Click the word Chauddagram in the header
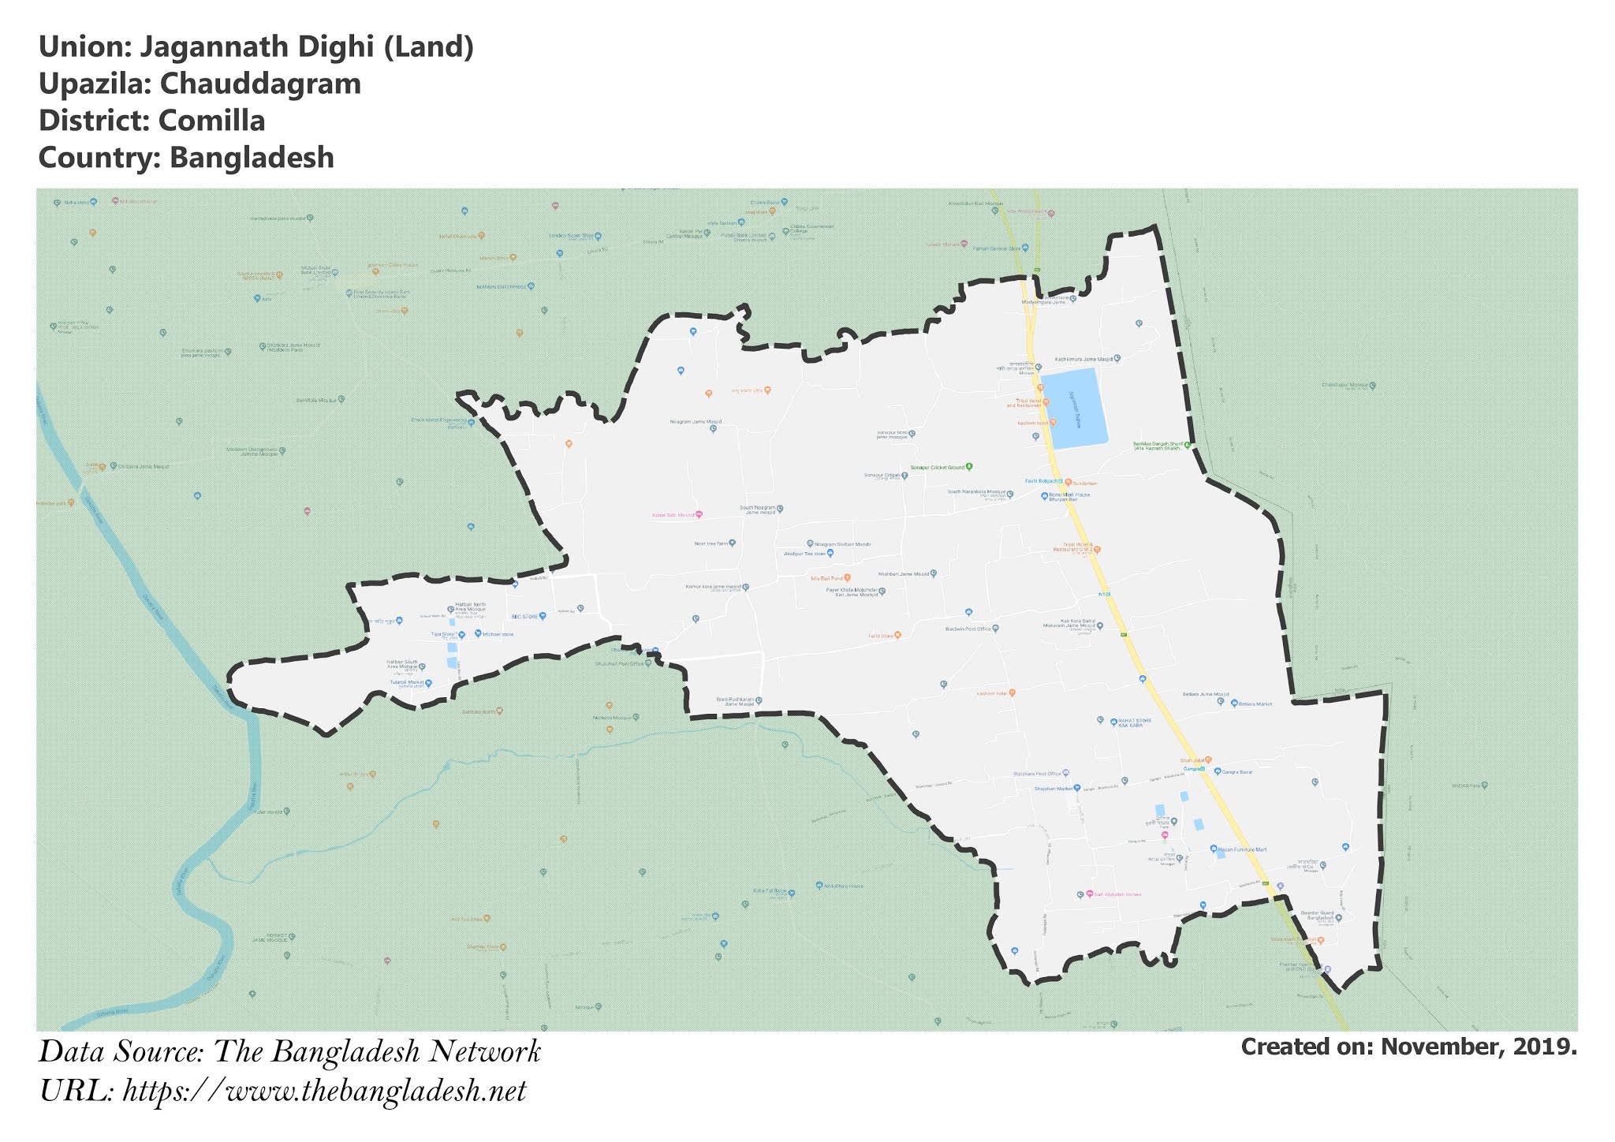[260, 84]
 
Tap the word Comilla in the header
[211, 121]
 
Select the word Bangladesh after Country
[252, 158]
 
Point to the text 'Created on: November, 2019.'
[1408, 1047]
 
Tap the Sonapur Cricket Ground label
[938, 468]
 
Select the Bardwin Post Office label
[968, 629]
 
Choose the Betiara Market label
[1255, 703]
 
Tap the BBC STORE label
[524, 617]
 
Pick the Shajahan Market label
[1054, 789]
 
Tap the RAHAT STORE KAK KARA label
[1130, 722]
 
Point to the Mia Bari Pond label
[826, 578]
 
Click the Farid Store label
[880, 635]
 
